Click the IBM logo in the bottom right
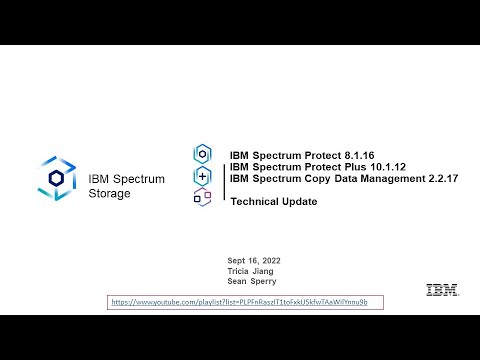[x=442, y=290]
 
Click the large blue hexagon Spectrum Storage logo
[x=56, y=177]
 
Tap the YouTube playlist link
[x=245, y=301]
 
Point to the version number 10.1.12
[x=375, y=166]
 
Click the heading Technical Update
[x=273, y=201]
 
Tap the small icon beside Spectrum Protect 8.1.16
[x=203, y=153]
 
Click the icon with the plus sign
[x=203, y=175]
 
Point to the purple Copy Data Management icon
[x=203, y=197]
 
